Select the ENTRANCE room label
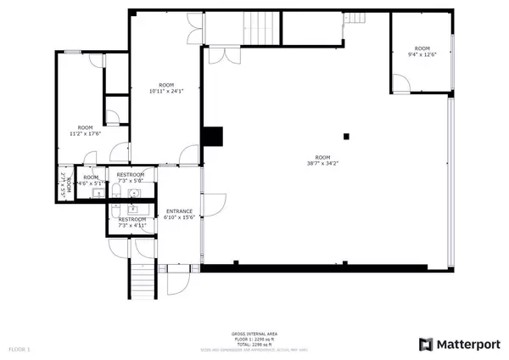coord(179,211)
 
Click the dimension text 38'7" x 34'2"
coord(322,164)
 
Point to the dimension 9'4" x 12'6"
coord(422,55)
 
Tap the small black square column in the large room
coord(345,136)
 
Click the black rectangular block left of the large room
coord(212,137)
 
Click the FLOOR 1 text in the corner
coord(19,349)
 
